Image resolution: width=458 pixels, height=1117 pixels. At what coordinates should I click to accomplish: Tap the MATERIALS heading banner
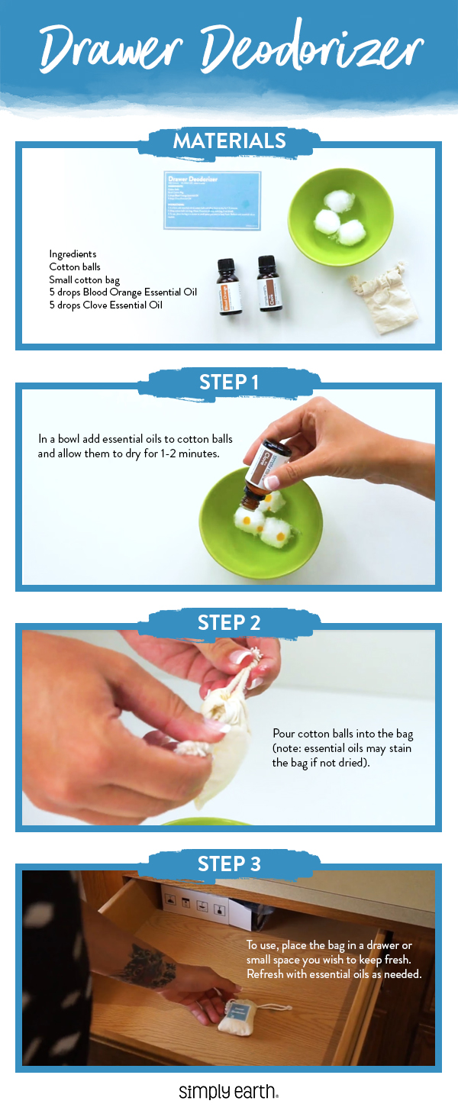pos(229,141)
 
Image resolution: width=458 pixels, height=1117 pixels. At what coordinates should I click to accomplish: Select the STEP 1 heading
pos(229,382)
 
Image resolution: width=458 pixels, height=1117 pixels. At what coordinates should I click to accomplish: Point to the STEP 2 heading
pos(229,622)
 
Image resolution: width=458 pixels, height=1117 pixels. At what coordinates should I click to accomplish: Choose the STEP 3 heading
pos(229,864)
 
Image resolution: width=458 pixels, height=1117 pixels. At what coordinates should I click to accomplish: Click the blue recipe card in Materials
pos(212,200)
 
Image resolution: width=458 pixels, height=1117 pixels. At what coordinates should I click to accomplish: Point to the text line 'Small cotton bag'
pos(84,280)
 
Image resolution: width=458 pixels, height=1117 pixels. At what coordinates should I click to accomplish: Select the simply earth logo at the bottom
pos(228,1092)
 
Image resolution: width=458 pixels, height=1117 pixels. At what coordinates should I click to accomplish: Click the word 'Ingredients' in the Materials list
pos(73,254)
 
